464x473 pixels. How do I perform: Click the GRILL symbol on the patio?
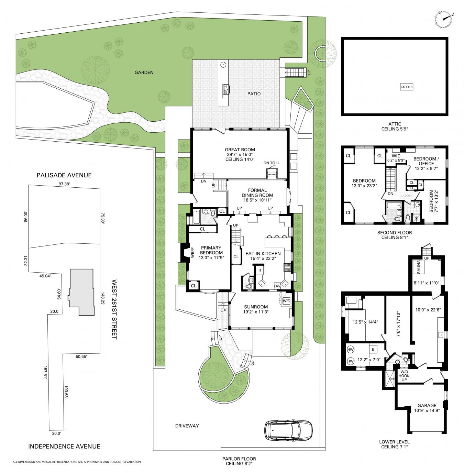click(x=225, y=89)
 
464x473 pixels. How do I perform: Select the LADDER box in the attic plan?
click(x=406, y=87)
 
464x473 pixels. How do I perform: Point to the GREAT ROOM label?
click(x=240, y=150)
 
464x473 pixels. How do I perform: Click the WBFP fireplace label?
click(x=192, y=252)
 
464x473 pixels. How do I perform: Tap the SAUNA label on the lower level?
click(x=419, y=267)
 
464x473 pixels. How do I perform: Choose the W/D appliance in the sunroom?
click(x=286, y=301)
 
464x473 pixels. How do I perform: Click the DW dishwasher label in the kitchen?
click(x=277, y=286)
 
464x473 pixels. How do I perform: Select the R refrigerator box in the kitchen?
click(x=259, y=270)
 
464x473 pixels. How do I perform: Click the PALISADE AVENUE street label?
click(x=64, y=175)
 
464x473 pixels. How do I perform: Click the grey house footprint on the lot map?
click(x=81, y=292)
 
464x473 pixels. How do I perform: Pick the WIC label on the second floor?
click(x=396, y=156)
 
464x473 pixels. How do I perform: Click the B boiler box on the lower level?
click(x=373, y=349)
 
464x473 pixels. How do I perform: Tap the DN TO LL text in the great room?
click(x=272, y=163)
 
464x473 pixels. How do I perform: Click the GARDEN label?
click(x=144, y=72)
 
